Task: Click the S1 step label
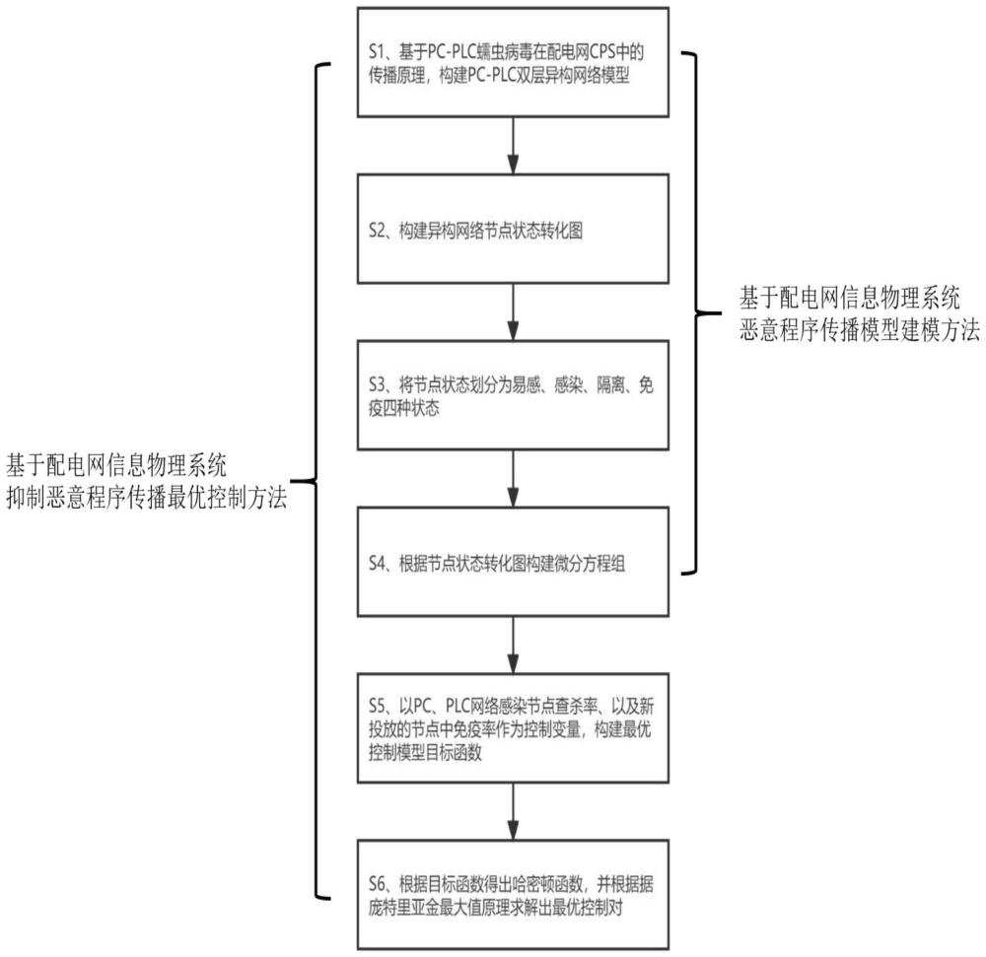(x=376, y=51)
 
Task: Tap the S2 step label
(x=377, y=231)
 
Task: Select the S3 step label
(x=377, y=384)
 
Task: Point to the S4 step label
(x=377, y=563)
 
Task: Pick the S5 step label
(x=377, y=707)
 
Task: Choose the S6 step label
(x=377, y=884)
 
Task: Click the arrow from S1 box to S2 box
(x=513, y=146)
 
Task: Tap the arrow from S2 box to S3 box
(x=513, y=312)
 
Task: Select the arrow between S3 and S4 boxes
(x=513, y=479)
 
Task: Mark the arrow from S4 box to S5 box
(x=513, y=645)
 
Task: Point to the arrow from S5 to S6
(x=513, y=811)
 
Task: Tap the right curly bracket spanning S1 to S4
(x=697, y=312)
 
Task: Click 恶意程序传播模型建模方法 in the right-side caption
(x=859, y=330)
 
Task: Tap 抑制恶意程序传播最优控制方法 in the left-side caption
(x=147, y=498)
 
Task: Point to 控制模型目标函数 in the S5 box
(x=425, y=752)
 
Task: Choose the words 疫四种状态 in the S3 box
(x=403, y=408)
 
